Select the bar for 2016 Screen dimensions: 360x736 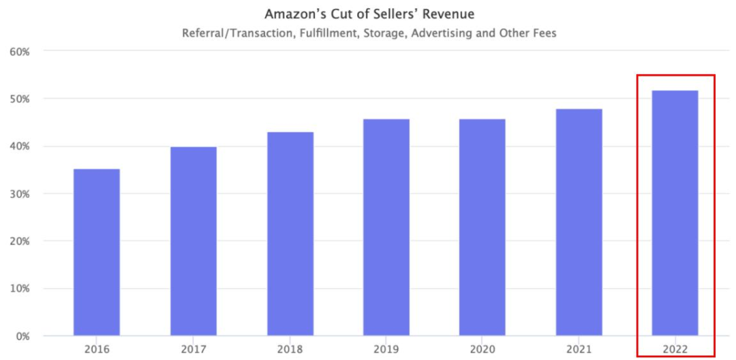[x=96, y=252]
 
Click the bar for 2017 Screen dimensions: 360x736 [x=193, y=241]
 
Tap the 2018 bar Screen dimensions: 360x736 [x=290, y=234]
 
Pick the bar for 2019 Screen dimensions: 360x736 [x=386, y=228]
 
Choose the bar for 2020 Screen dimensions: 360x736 [x=482, y=228]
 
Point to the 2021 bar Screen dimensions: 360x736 [x=579, y=222]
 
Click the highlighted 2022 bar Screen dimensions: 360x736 [x=675, y=213]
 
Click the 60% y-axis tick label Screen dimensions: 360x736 [x=25, y=51]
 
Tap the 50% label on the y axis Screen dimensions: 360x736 [x=25, y=99]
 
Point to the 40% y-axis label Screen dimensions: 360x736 [x=25, y=147]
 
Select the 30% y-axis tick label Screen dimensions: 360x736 [x=25, y=194]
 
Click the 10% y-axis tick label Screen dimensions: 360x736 [x=25, y=288]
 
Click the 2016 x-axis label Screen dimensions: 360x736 [x=96, y=350]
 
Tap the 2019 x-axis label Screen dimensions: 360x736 [x=386, y=350]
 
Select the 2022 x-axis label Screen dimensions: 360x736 [x=675, y=350]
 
